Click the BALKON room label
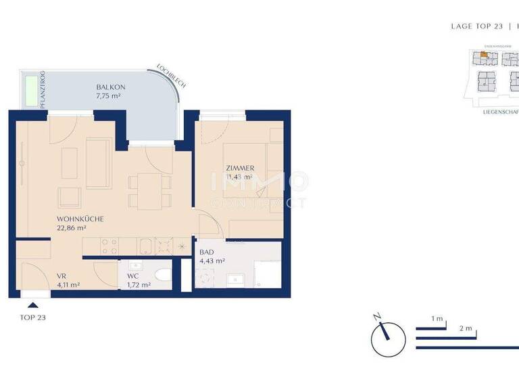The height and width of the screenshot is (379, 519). click(110, 87)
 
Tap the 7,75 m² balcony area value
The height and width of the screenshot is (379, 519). click(110, 97)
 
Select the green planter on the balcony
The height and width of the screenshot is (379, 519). click(31, 91)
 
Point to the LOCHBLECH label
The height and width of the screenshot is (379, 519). click(170, 75)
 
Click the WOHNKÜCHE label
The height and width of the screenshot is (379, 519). click(80, 219)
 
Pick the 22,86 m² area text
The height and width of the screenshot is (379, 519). click(72, 229)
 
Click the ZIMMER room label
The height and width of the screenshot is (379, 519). click(240, 168)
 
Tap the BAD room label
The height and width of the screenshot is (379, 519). click(206, 252)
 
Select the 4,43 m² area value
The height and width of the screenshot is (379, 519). click(212, 261)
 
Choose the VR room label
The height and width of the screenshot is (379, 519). click(61, 276)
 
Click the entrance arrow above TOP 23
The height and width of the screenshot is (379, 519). click(32, 306)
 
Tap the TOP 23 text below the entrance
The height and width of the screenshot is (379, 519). click(33, 317)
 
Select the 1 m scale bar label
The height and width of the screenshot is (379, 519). click(437, 319)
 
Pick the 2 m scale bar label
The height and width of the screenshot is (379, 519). click(465, 328)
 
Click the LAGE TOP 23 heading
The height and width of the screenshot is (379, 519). click(476, 26)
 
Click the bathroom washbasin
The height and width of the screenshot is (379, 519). click(236, 278)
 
